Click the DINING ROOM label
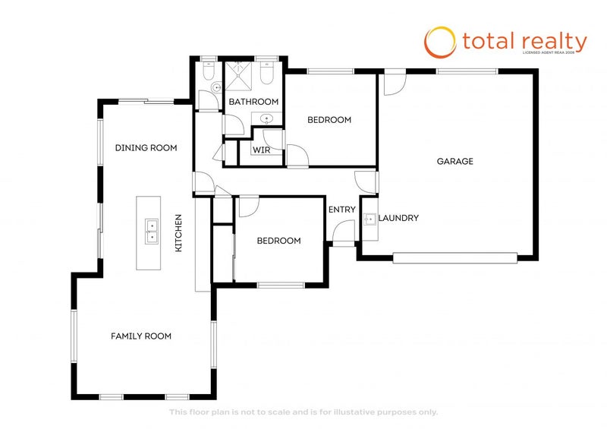(146, 148)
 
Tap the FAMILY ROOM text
(141, 336)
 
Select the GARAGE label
(454, 161)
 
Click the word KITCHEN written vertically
(179, 234)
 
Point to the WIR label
(261, 150)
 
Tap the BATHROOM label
(253, 102)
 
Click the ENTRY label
(341, 210)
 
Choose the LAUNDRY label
(398, 218)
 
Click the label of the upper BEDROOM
(329, 120)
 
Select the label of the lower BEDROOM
(278, 241)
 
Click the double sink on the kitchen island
(152, 230)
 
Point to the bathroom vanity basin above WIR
(267, 118)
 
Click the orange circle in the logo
(439, 42)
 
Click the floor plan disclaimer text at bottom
(303, 412)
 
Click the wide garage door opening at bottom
(455, 258)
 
